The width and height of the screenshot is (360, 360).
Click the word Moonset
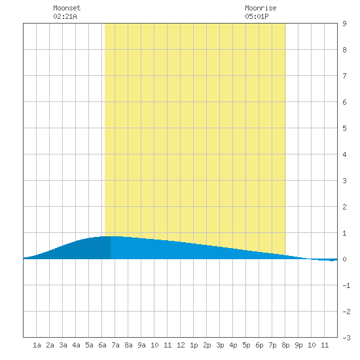(x=67, y=8)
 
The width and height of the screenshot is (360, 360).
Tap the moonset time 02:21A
(x=65, y=16)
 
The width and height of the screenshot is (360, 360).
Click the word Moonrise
(x=261, y=8)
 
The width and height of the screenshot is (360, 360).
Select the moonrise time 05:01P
(x=257, y=16)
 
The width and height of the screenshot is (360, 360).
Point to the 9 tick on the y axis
(x=344, y=24)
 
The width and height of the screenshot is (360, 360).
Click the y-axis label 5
(x=344, y=128)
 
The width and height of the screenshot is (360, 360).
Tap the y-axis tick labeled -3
(x=346, y=338)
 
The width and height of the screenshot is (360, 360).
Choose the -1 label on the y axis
(x=346, y=285)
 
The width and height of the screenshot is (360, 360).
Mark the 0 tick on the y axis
(x=344, y=259)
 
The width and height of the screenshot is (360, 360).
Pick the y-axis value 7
(x=344, y=76)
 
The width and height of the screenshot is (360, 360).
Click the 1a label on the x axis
(x=37, y=345)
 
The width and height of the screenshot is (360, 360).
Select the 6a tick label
(x=102, y=345)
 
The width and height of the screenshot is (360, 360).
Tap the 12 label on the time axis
(x=181, y=345)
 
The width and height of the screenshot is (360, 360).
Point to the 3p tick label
(x=220, y=345)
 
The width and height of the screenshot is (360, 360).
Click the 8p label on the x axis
(x=285, y=345)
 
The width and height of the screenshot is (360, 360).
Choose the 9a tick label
(x=141, y=345)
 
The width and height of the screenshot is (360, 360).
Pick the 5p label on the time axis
(x=246, y=345)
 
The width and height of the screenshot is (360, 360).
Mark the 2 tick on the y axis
(x=344, y=207)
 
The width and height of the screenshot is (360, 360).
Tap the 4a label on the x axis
(x=76, y=345)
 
